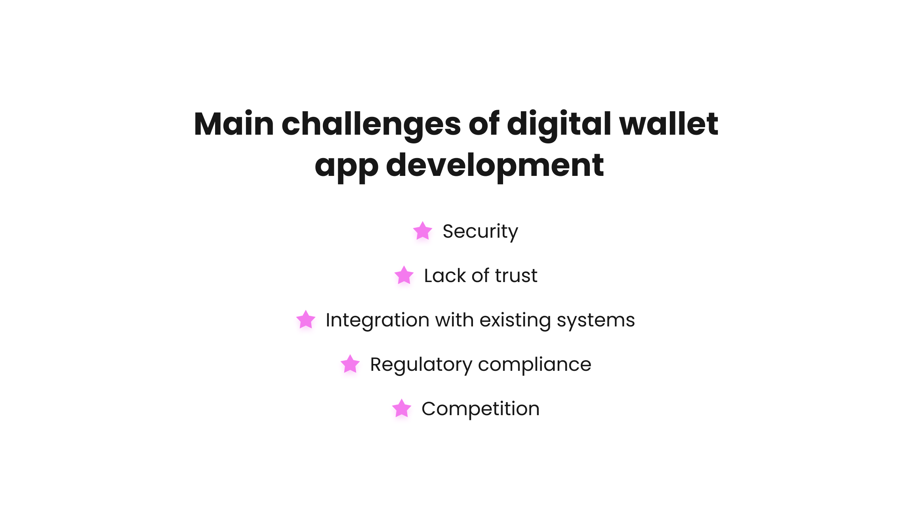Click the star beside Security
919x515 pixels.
(x=423, y=231)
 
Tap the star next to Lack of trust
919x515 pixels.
(x=404, y=275)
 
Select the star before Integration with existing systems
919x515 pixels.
(x=306, y=320)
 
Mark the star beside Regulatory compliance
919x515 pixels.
(x=350, y=364)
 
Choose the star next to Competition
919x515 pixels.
(x=402, y=408)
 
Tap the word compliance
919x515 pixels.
(x=535, y=365)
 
